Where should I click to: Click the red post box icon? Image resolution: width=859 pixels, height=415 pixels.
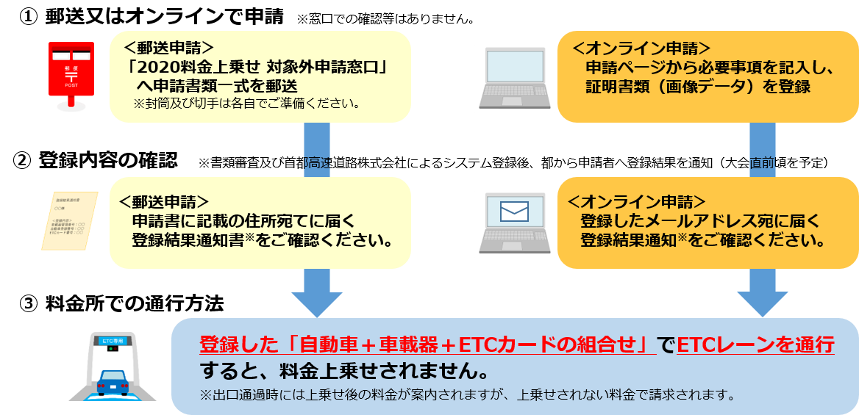pos(71,76)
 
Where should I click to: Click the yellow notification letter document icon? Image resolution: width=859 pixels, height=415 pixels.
pos(72,223)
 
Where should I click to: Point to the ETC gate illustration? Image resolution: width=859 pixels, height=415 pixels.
pos(113,366)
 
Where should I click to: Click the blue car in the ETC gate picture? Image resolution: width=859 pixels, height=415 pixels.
pos(112,383)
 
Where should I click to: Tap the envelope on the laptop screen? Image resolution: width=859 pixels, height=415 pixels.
pos(514,212)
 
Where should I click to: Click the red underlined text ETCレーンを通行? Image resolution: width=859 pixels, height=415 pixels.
pos(755,344)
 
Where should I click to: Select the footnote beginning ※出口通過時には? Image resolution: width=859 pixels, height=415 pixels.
pos(468,395)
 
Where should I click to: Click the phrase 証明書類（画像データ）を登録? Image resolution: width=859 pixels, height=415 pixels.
pos(697,87)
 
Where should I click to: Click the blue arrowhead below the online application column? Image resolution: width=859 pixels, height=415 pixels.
pos(763,300)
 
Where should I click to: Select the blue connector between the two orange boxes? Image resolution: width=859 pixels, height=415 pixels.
pos(763,150)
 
